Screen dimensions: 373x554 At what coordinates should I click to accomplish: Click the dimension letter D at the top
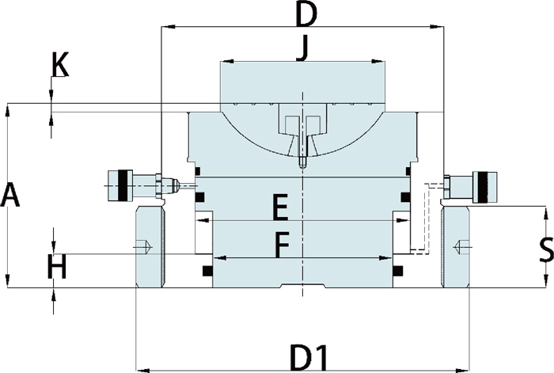305,14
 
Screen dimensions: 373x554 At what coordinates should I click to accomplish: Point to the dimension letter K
59,65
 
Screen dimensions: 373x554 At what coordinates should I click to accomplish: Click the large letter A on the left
9,195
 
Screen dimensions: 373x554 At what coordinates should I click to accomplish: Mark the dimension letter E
279,209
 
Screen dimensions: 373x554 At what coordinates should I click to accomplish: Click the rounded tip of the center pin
302,167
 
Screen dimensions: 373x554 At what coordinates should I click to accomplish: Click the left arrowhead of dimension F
218,257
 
